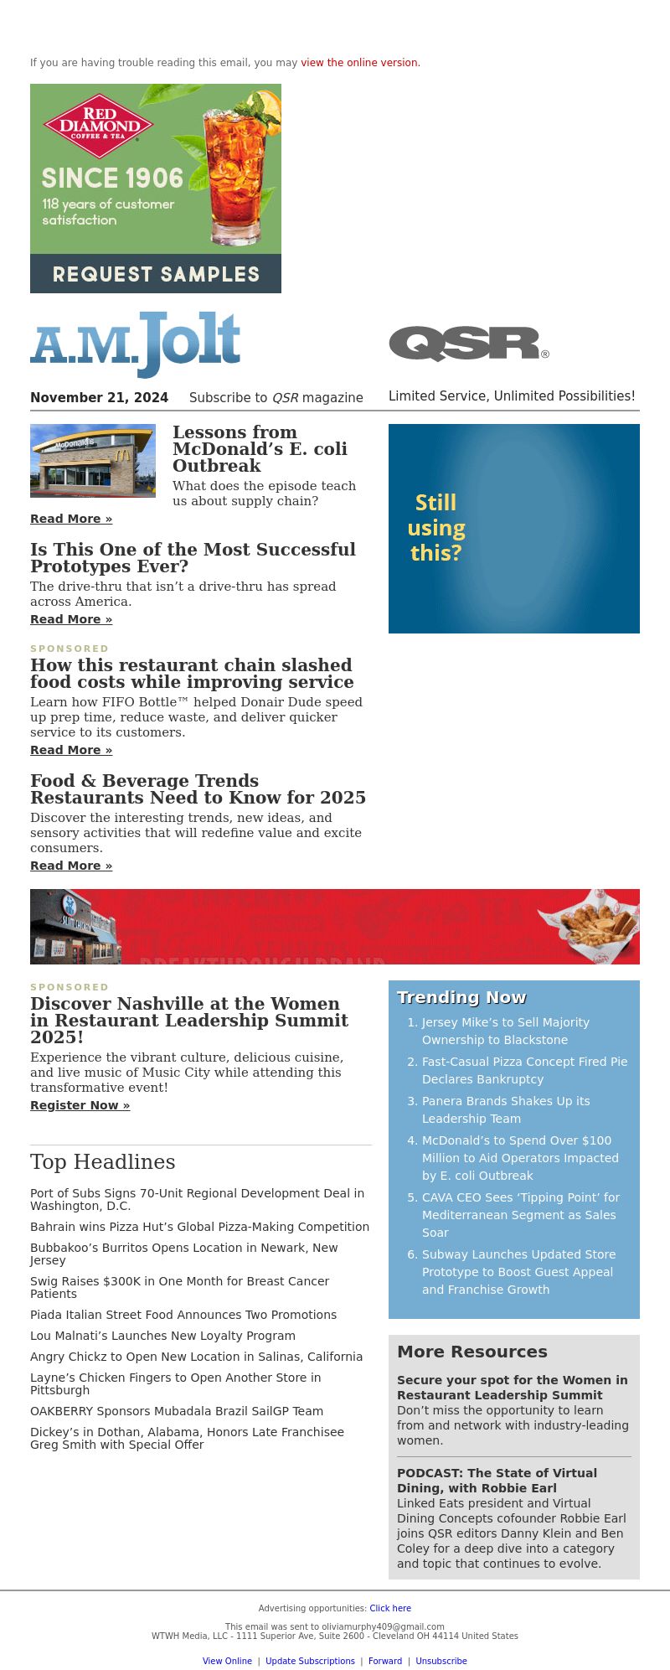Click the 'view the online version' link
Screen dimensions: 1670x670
point(359,63)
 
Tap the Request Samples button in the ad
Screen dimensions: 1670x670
point(156,274)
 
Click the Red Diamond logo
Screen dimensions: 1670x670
point(99,126)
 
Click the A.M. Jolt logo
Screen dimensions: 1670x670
point(136,344)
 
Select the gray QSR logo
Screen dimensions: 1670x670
point(467,344)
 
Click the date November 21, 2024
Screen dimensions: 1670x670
point(99,398)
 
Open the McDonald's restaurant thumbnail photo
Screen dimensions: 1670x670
point(93,461)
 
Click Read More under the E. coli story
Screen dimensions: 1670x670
point(71,520)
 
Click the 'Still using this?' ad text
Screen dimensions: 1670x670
point(436,528)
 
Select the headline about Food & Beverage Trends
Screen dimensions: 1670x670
point(198,789)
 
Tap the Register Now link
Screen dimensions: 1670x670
point(80,1106)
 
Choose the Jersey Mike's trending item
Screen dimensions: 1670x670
point(505,1031)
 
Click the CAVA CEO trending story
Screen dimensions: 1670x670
point(520,1215)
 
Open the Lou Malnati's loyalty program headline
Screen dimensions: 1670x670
point(162,1336)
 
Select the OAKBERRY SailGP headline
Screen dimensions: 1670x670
point(177,1411)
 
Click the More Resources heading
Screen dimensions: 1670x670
point(472,1352)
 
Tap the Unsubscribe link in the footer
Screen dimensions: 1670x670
point(441,1661)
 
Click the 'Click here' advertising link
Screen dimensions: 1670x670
point(390,1608)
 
